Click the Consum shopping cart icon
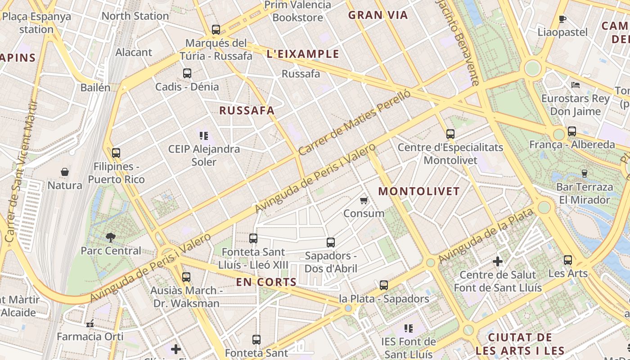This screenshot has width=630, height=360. tap(364, 200)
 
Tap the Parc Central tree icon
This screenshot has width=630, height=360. tap(110, 237)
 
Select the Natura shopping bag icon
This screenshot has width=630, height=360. tap(65, 172)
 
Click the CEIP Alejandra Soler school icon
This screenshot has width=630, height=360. tap(204, 135)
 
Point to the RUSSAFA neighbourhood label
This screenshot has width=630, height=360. tap(247, 111)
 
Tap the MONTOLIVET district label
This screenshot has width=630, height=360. tap(419, 191)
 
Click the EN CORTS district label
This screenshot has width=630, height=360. tap(266, 283)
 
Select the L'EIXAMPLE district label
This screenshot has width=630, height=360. tap(303, 54)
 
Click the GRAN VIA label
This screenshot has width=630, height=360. tap(378, 15)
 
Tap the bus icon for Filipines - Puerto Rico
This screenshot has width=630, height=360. tap(116, 153)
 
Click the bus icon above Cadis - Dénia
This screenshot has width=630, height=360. tap(187, 73)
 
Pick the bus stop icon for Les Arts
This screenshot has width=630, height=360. tap(568, 260)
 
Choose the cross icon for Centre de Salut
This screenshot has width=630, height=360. tap(498, 261)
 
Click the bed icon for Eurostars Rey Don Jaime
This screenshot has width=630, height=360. tap(576, 85)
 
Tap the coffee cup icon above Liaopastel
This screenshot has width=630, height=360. tap(562, 19)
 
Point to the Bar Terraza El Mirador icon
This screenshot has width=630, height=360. tap(585, 173)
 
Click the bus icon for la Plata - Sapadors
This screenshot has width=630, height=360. tap(383, 285)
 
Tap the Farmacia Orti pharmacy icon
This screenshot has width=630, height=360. tap(90, 323)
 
